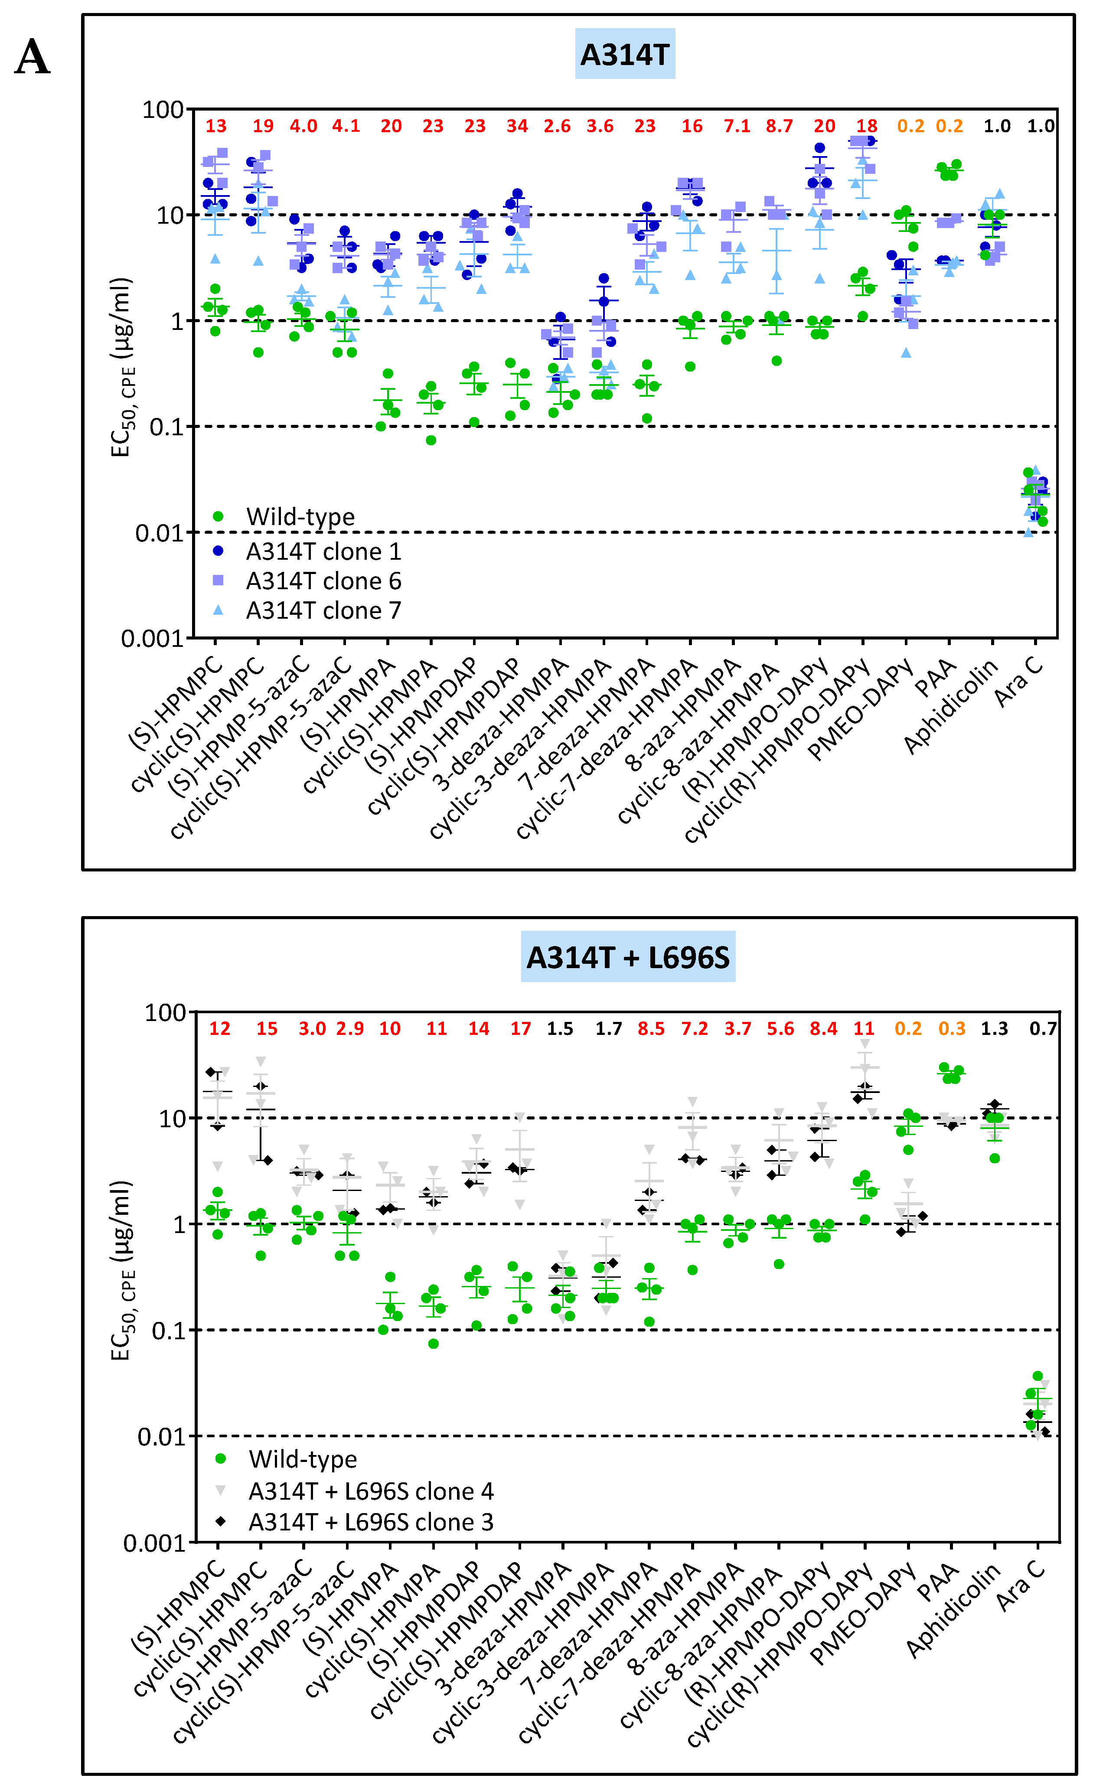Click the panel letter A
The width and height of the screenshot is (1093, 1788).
point(32,57)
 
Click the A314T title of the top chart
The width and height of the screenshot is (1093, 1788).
point(624,55)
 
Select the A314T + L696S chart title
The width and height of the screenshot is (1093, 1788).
point(628,957)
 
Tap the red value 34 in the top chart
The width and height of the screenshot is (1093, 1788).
point(517,126)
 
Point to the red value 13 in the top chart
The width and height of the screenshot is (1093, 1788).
point(215,126)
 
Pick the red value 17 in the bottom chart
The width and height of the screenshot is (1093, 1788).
point(520,1028)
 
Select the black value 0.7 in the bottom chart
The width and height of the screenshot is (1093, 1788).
point(1042,1028)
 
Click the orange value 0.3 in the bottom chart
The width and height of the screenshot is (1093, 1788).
point(952,1028)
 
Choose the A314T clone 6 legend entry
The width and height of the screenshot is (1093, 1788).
point(323,581)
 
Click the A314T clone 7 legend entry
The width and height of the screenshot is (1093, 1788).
point(323,611)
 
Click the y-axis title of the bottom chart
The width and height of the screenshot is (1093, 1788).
point(121,1270)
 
